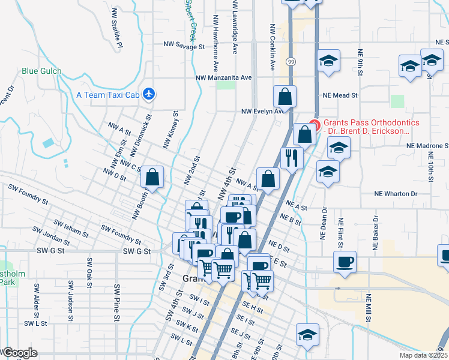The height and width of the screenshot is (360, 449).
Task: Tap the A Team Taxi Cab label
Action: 108,94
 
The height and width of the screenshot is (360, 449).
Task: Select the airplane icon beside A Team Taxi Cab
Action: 149,94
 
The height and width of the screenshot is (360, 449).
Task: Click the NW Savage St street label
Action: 190,46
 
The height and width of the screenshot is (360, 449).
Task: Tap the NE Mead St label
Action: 340,95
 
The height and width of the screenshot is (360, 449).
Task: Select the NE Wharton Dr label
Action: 395,194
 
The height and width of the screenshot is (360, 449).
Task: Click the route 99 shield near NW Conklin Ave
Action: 291,62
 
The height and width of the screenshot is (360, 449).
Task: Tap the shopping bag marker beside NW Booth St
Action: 152,177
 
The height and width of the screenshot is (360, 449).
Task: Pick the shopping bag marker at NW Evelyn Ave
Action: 285,96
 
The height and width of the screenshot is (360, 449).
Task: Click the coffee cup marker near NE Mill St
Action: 345,262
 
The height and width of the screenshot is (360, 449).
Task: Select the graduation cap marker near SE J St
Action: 307,334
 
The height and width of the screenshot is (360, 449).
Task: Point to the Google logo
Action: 19,353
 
